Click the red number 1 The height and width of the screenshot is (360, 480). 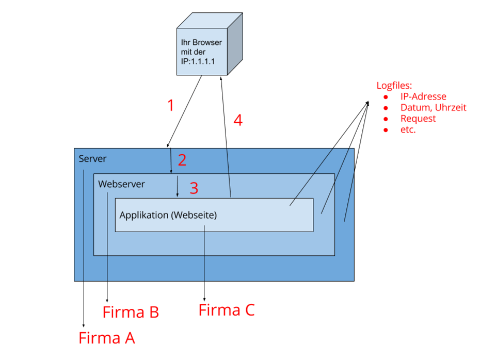[x=171, y=105]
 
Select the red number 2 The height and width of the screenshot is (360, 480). [x=182, y=160]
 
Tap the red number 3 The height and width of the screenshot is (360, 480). [x=194, y=188]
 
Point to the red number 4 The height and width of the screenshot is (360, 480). [x=237, y=120]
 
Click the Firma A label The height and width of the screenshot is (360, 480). [x=107, y=338]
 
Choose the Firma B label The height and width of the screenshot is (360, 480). [x=130, y=313]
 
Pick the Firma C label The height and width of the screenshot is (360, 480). [x=227, y=310]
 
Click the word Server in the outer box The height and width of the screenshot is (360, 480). [x=92, y=158]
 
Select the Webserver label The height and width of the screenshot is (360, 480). [x=122, y=184]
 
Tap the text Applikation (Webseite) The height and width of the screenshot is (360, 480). [x=168, y=215]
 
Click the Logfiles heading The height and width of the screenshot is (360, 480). [x=394, y=86]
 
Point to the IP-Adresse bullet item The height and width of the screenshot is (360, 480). [x=423, y=97]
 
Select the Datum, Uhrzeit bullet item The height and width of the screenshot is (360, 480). [x=433, y=108]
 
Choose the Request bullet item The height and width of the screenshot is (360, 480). [x=418, y=119]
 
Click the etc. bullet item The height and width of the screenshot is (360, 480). [x=408, y=130]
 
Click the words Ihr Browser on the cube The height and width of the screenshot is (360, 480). [x=201, y=42]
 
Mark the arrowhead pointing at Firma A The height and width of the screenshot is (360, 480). [x=84, y=325]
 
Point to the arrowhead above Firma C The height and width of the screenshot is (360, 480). [x=204, y=300]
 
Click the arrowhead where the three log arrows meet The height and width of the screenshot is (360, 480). [x=369, y=102]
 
